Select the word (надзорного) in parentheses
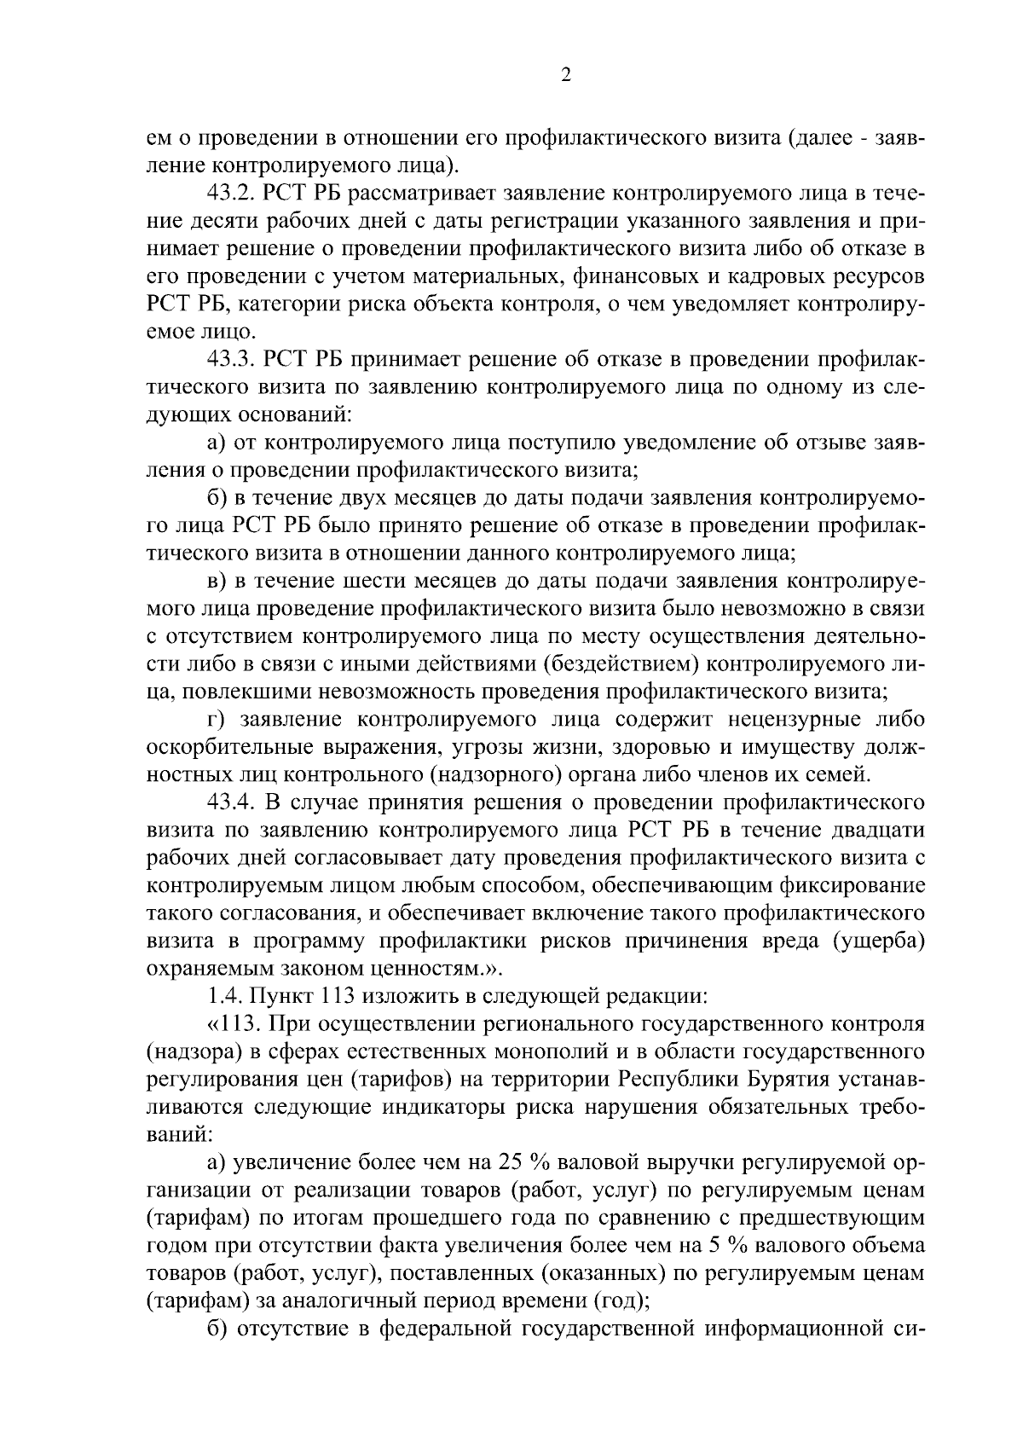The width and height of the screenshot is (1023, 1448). [491, 774]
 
